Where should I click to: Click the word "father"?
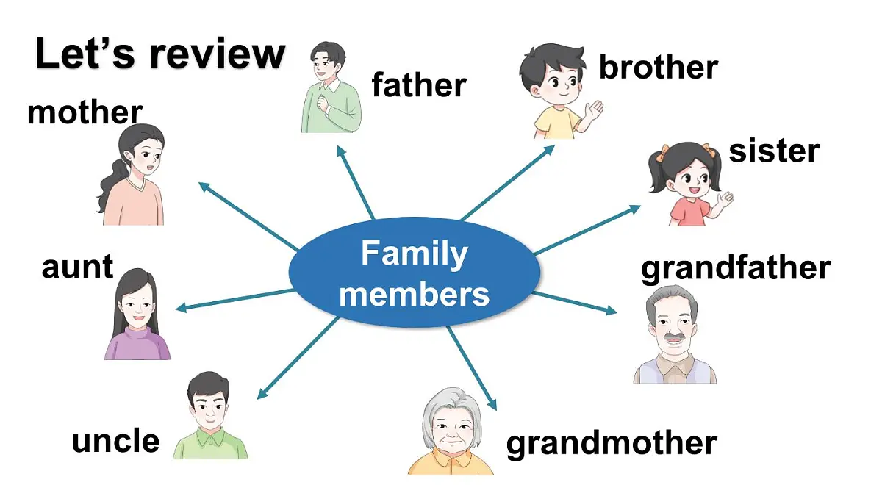419,85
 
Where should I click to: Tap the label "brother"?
659,67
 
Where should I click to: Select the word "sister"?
774,151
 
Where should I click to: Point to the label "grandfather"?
736,269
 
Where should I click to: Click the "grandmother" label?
612,444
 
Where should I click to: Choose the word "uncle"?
116,440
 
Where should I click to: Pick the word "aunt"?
78,267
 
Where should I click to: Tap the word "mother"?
85,112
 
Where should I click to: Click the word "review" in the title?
218,54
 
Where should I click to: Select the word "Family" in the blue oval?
415,255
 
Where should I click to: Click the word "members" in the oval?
415,295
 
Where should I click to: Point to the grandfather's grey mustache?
674,337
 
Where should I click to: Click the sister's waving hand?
725,199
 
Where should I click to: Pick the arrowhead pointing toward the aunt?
181,308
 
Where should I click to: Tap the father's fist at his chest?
323,103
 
